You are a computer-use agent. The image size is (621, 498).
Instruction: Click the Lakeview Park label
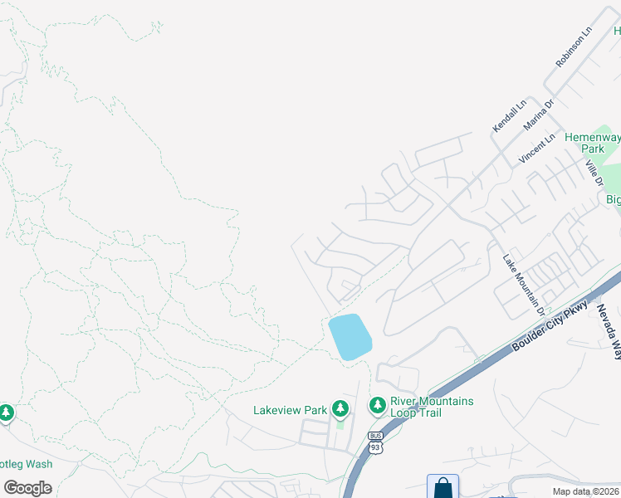tap(291, 410)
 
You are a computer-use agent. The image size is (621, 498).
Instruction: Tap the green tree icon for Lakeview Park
tap(340, 408)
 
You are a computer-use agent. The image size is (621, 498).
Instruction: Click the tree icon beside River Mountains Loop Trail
tap(378, 405)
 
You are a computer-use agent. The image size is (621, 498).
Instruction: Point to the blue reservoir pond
tap(350, 336)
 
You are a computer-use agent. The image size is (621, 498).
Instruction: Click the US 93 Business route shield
tap(374, 442)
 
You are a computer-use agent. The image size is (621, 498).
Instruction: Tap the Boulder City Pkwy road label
tap(550, 325)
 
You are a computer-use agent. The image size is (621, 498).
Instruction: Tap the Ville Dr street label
tap(594, 173)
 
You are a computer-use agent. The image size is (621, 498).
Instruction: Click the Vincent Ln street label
tap(537, 148)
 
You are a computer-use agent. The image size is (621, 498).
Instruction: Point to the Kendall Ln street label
tap(509, 115)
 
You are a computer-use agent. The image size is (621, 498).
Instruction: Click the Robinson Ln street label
tap(575, 46)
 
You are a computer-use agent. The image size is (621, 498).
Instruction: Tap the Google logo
tap(27, 487)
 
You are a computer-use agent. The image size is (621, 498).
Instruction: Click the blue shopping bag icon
tap(443, 487)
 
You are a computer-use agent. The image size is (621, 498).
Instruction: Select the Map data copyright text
tap(586, 491)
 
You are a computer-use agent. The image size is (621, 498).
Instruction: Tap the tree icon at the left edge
tap(7, 413)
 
